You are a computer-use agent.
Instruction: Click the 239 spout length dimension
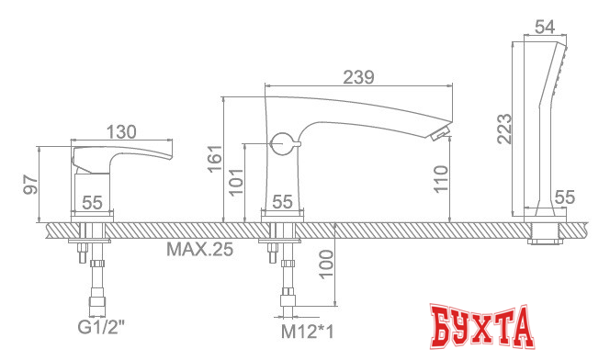click(x=358, y=77)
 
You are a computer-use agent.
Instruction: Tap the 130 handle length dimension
click(x=121, y=132)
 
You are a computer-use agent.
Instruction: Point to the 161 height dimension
click(x=214, y=159)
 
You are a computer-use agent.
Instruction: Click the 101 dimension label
click(x=236, y=182)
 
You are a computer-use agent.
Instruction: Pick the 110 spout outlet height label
click(x=441, y=179)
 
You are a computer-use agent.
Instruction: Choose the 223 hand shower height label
click(x=505, y=129)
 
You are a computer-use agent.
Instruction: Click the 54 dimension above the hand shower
click(x=545, y=28)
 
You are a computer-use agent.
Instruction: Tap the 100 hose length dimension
click(x=326, y=264)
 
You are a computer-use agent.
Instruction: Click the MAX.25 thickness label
click(x=200, y=249)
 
